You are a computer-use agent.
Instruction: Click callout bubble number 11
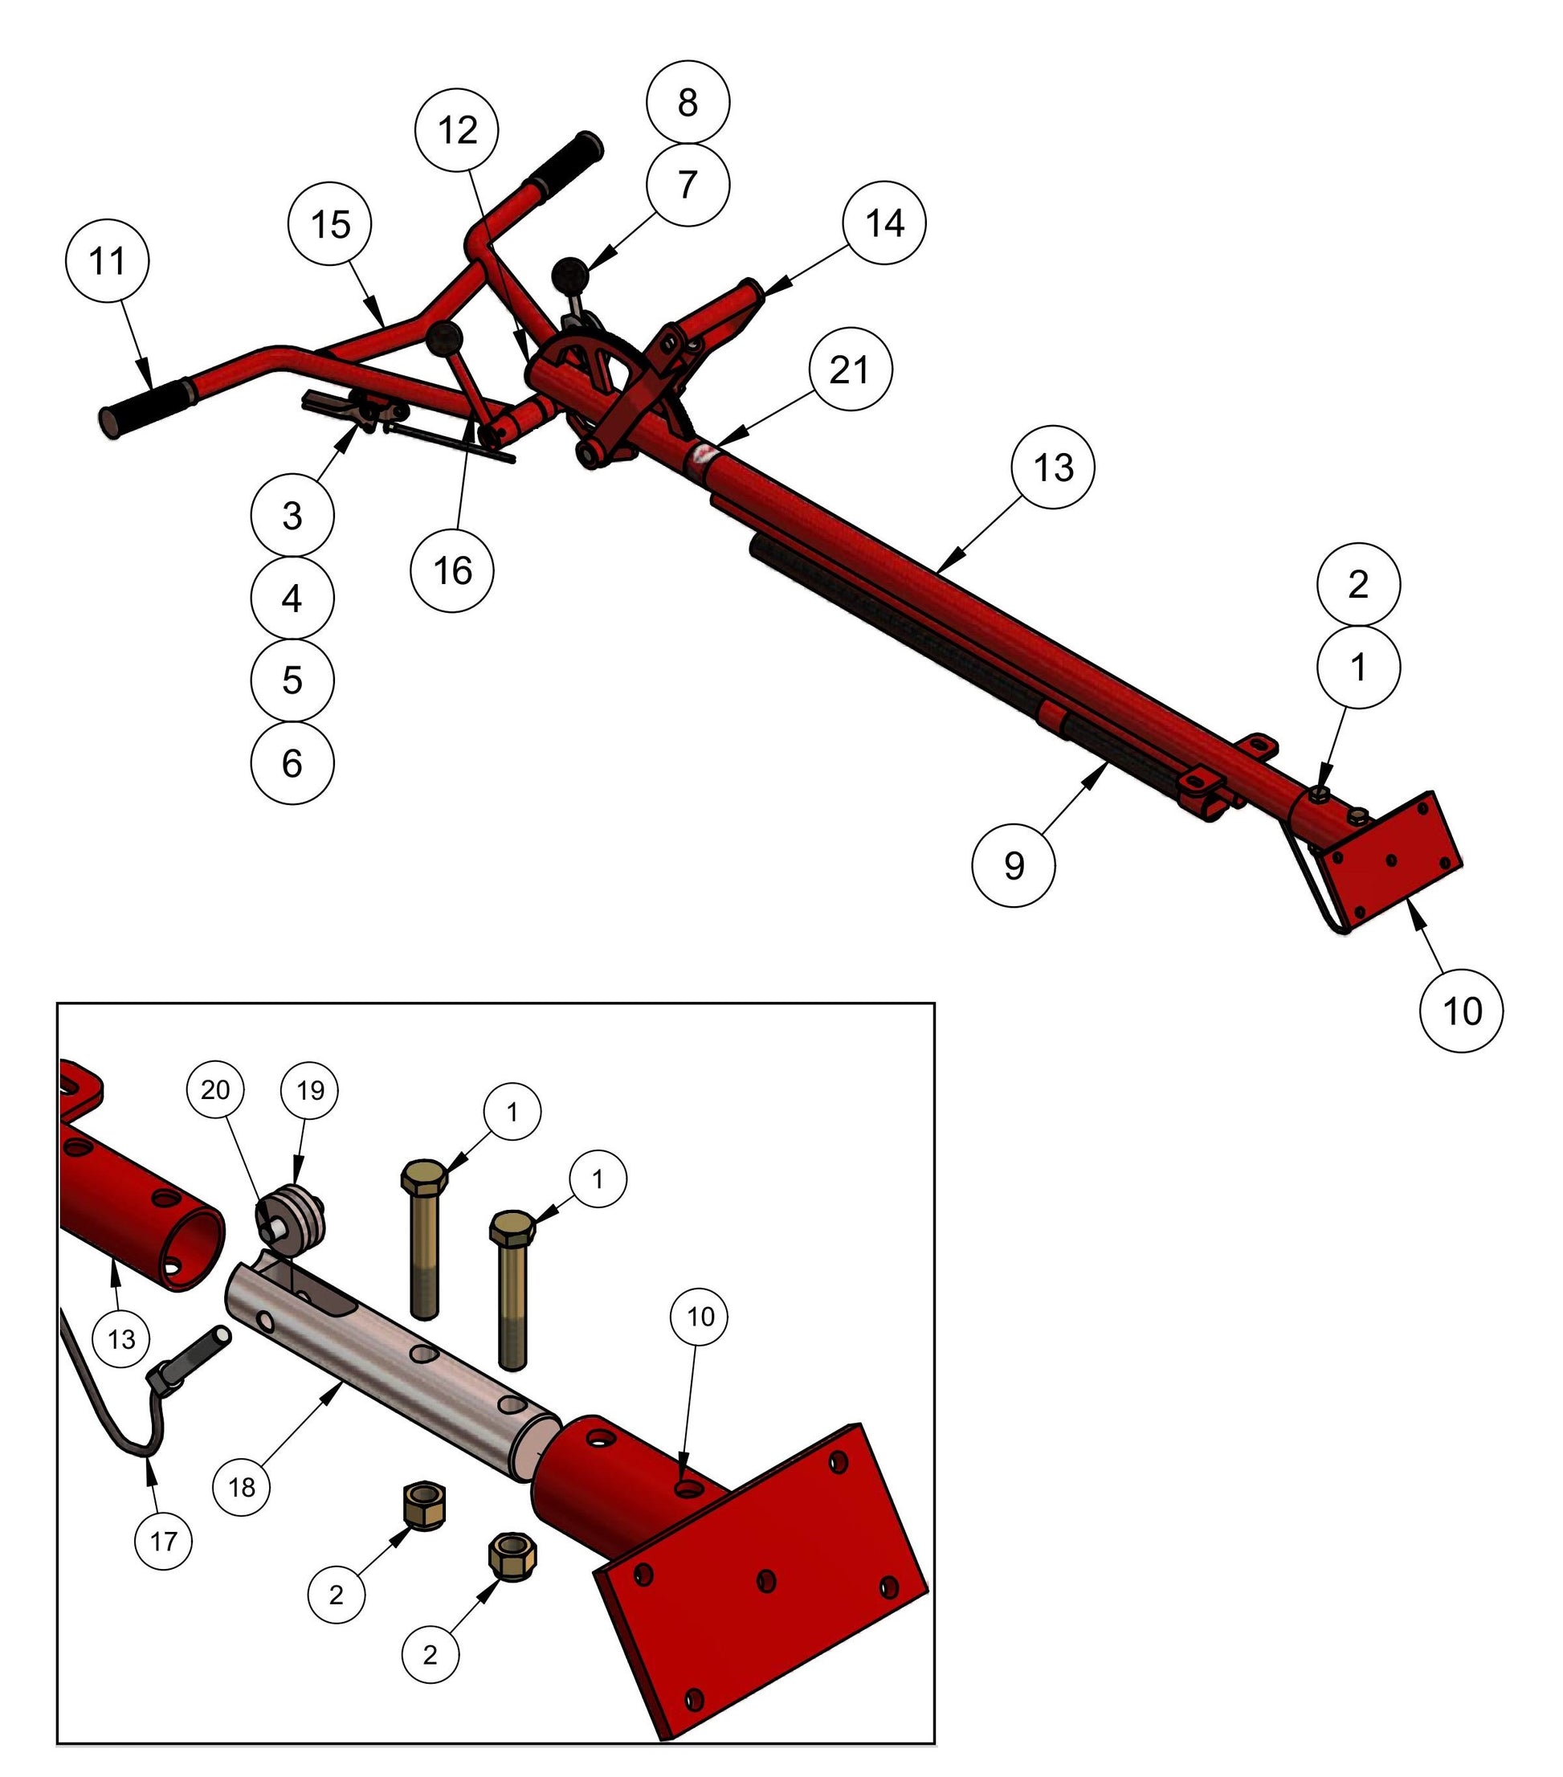tap(107, 261)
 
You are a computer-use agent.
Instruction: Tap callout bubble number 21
tap(848, 370)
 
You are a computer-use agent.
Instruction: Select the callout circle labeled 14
tap(884, 223)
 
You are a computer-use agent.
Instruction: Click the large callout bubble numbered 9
tap(1014, 866)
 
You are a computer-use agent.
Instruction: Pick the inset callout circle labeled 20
tap(214, 1090)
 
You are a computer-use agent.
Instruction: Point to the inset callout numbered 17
tap(163, 1542)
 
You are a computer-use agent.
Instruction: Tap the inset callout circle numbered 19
tap(310, 1090)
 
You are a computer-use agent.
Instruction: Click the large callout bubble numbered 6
tap(292, 762)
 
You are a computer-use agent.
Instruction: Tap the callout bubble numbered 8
tap(688, 102)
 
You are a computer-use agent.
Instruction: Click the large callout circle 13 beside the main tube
tap(1053, 468)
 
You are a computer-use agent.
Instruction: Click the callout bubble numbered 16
tap(452, 570)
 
